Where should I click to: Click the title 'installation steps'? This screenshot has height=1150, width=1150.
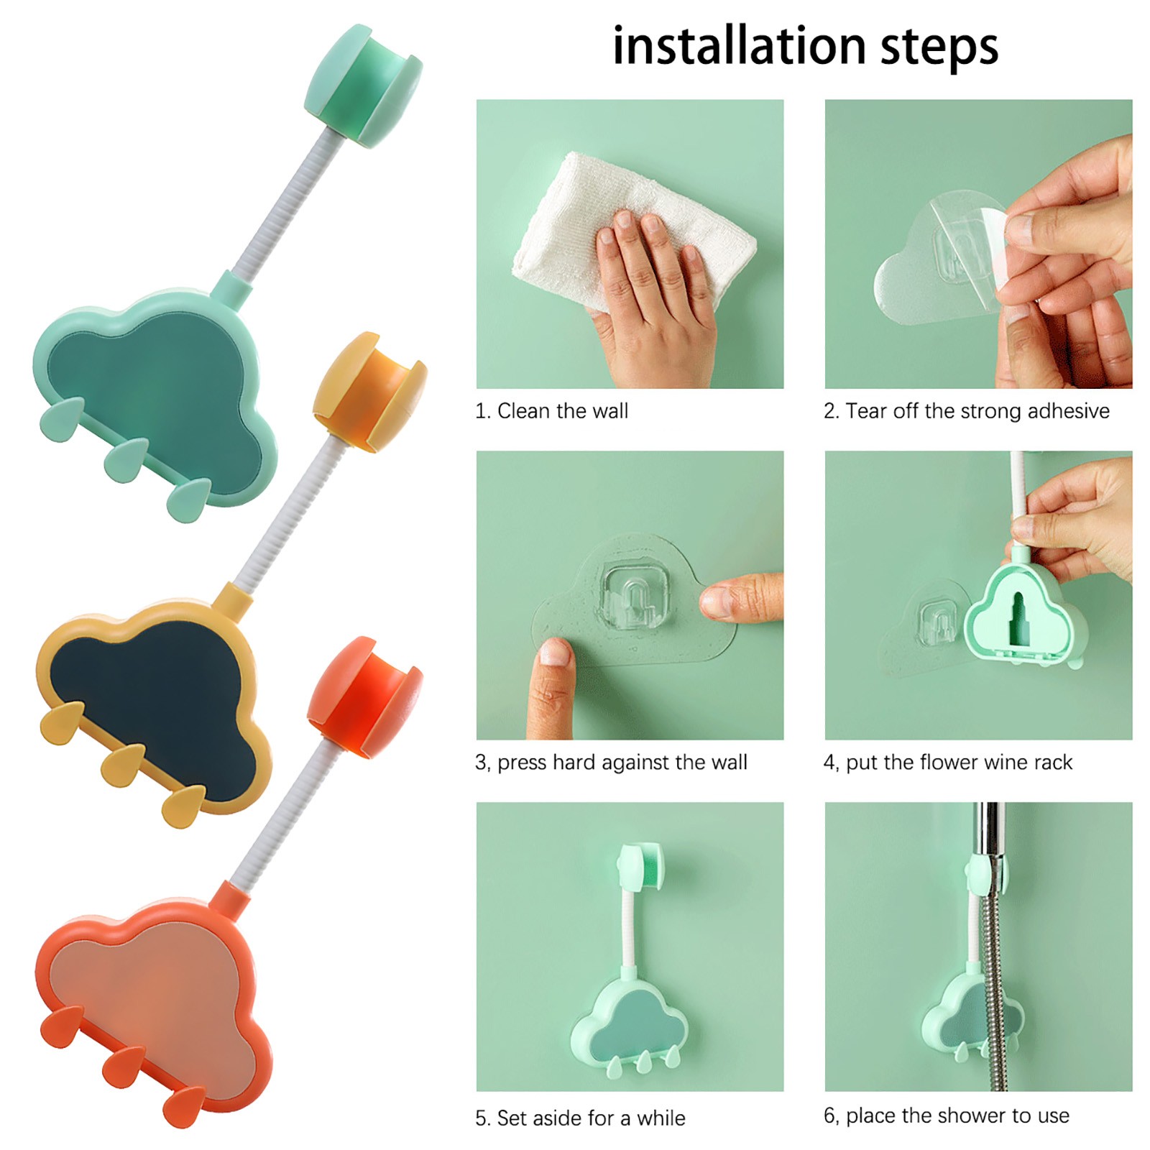[805, 46]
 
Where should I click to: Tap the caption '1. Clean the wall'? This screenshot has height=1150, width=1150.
[551, 411]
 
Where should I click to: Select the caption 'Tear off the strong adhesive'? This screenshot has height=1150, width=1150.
[977, 411]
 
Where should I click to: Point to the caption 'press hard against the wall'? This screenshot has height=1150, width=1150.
[622, 763]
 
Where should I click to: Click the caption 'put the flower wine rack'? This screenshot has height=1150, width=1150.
[959, 763]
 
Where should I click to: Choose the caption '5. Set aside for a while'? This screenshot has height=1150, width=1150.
[580, 1118]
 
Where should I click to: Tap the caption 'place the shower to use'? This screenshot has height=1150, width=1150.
[957, 1115]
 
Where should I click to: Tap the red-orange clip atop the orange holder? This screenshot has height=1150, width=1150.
[365, 699]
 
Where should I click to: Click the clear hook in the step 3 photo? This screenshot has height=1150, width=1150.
[635, 597]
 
